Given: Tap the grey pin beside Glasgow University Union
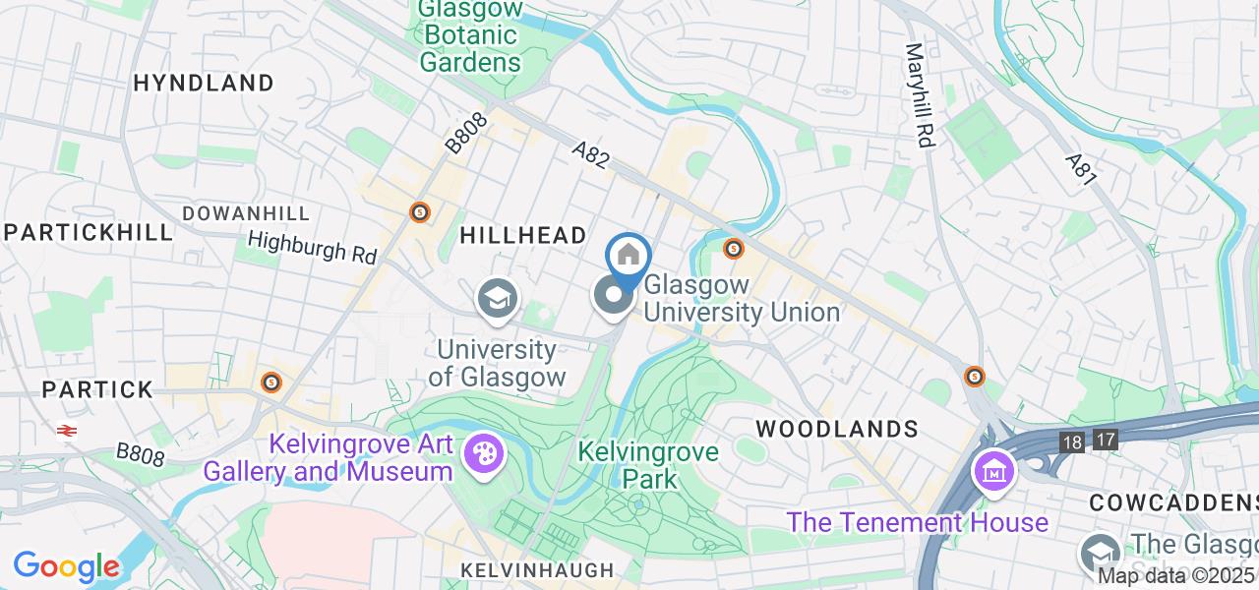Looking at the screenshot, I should point(613,295).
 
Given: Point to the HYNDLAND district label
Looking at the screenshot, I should point(204,83).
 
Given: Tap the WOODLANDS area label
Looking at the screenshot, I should point(836,429).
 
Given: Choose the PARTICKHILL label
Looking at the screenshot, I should point(89,233).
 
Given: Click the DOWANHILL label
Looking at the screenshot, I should point(246,213).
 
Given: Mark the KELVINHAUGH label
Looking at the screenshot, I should point(538,570).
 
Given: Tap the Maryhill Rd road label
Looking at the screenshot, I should point(918,95).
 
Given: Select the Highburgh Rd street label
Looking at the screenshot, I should point(312,247).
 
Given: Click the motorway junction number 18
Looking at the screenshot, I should point(1072,441).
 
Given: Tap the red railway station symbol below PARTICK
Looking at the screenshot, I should point(67,431).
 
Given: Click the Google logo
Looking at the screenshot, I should point(66,566).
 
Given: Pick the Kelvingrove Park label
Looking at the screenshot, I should point(648,465).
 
